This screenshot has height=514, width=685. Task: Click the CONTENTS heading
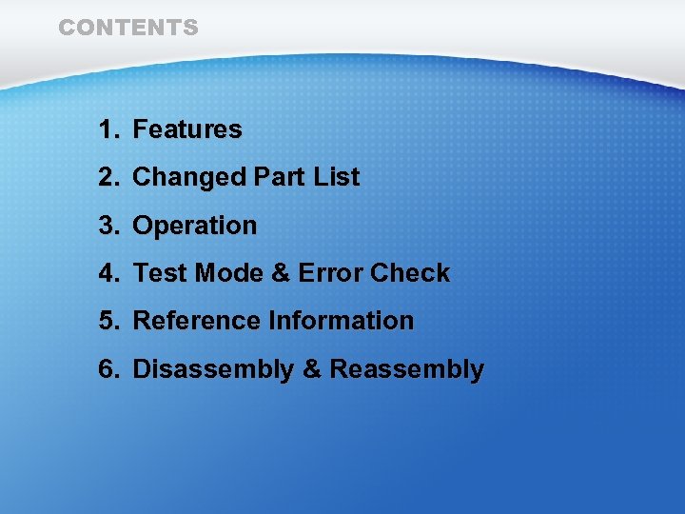(128, 28)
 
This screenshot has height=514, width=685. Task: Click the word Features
(187, 129)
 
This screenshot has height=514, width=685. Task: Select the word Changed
(189, 178)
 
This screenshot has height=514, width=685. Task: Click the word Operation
(195, 227)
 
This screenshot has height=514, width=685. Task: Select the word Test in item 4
(160, 273)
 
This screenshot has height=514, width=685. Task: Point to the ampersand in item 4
(281, 273)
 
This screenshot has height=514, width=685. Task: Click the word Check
(410, 273)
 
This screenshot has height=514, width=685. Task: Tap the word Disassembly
(213, 369)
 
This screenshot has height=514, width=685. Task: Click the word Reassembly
(406, 369)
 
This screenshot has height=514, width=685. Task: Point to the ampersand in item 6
(311, 369)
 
